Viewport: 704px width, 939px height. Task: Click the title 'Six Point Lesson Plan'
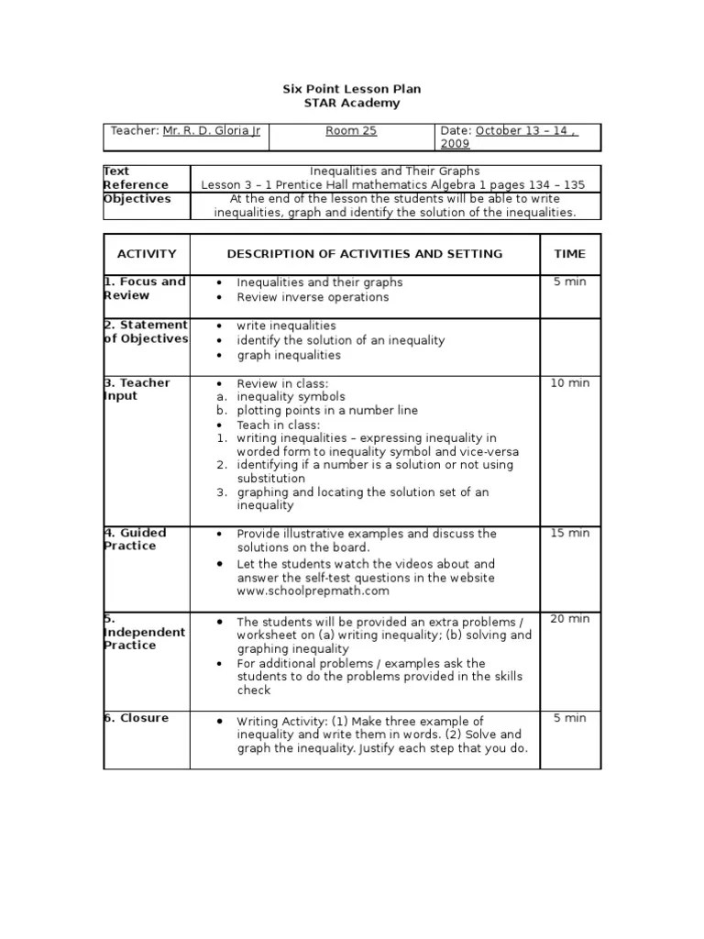point(351,89)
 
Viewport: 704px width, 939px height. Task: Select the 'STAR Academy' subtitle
point(351,104)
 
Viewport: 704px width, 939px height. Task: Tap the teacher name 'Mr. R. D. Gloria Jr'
point(212,131)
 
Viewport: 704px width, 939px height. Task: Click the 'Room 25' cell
point(351,131)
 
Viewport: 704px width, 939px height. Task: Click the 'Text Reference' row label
point(135,178)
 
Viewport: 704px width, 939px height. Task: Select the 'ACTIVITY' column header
point(147,254)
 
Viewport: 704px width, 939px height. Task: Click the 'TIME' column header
point(569,254)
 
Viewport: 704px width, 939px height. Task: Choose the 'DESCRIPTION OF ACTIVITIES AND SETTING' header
point(364,254)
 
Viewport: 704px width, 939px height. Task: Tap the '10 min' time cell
point(569,383)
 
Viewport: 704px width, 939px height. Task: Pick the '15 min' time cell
point(569,534)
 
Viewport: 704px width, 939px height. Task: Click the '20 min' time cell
point(569,619)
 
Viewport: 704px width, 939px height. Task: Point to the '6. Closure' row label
point(137,718)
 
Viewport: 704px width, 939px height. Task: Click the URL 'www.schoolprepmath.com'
point(307,591)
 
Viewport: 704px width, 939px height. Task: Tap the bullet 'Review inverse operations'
point(313,297)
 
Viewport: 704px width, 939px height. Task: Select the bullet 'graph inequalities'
point(288,355)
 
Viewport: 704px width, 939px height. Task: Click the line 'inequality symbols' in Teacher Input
point(291,396)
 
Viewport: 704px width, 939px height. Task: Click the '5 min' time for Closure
point(569,718)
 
